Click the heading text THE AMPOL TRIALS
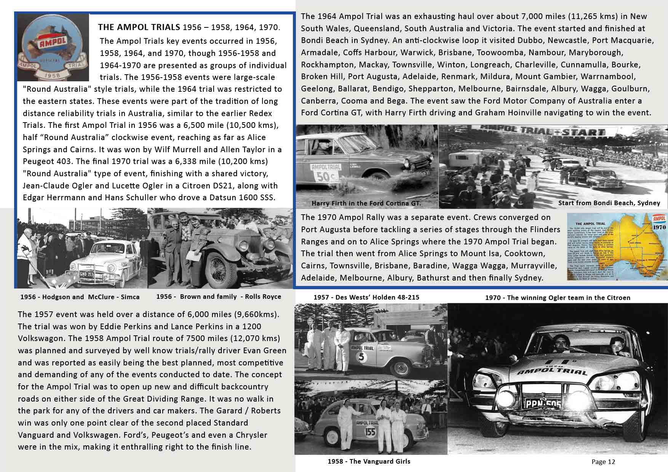[139, 27]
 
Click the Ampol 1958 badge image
[53, 47]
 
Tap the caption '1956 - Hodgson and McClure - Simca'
[80, 297]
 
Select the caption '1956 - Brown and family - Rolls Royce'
[219, 297]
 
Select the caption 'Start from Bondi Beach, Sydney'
[609, 203]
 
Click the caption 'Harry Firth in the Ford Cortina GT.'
[366, 203]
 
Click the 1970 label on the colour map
[660, 227]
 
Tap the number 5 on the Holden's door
[361, 357]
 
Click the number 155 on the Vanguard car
[370, 432]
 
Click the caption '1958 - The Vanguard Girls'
[369, 461]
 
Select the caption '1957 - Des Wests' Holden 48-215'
[366, 297]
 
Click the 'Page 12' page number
[603, 462]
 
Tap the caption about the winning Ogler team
[558, 298]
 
